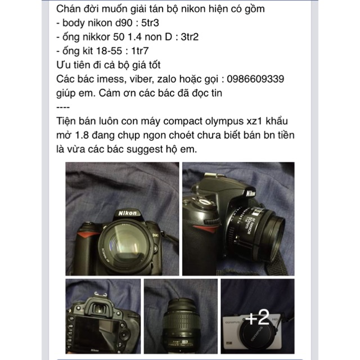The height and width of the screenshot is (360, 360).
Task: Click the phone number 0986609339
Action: click(255, 79)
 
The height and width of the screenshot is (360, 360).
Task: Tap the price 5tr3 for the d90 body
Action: click(150, 23)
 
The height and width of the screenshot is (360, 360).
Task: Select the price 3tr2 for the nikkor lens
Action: click(190, 37)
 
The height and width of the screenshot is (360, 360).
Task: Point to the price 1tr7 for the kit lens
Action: click(140, 51)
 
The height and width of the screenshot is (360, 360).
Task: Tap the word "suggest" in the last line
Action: click(145, 150)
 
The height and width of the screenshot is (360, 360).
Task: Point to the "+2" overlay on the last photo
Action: click(258, 317)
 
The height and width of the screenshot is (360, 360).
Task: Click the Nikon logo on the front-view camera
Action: click(127, 213)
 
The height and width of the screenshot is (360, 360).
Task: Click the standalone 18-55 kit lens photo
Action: click(181, 316)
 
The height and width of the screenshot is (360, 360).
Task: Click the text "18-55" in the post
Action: click(109, 51)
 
